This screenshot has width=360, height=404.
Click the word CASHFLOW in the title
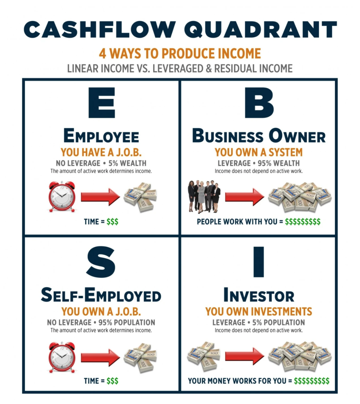pos(100,30)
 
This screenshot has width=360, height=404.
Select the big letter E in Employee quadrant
pos(102,103)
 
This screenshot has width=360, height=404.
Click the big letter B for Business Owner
pos(259,103)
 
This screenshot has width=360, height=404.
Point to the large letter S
pos(101,262)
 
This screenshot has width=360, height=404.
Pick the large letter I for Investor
pos(259,262)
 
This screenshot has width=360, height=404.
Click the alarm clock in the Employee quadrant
pos(62,196)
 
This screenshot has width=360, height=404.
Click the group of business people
pos(204,196)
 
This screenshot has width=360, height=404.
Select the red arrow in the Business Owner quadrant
pos(245,197)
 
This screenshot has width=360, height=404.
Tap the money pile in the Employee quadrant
pos(140,197)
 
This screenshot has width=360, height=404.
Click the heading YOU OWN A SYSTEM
pos(259,152)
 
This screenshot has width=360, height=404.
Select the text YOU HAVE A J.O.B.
pos(101,152)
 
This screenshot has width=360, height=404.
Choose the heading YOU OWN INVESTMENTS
pos(259,311)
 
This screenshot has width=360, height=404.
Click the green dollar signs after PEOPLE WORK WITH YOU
pos(303,222)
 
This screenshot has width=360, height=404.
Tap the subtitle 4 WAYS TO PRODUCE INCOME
pos(180,54)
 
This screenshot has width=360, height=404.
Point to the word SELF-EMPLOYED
pos(101,295)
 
